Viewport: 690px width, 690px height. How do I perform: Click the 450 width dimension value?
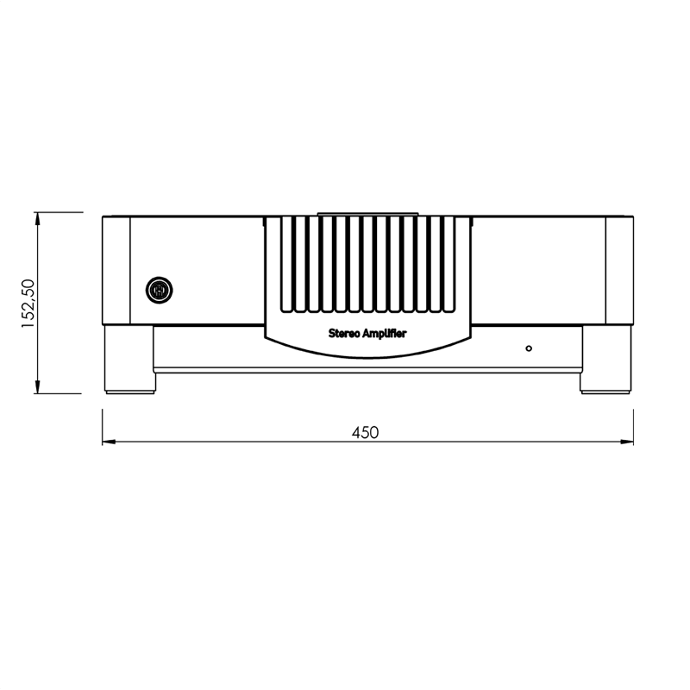366,433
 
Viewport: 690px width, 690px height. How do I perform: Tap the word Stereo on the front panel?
345,332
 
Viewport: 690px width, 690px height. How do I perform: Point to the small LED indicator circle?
529,348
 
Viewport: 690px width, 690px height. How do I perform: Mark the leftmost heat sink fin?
285,264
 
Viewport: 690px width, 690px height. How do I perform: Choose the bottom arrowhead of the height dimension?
40,387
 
